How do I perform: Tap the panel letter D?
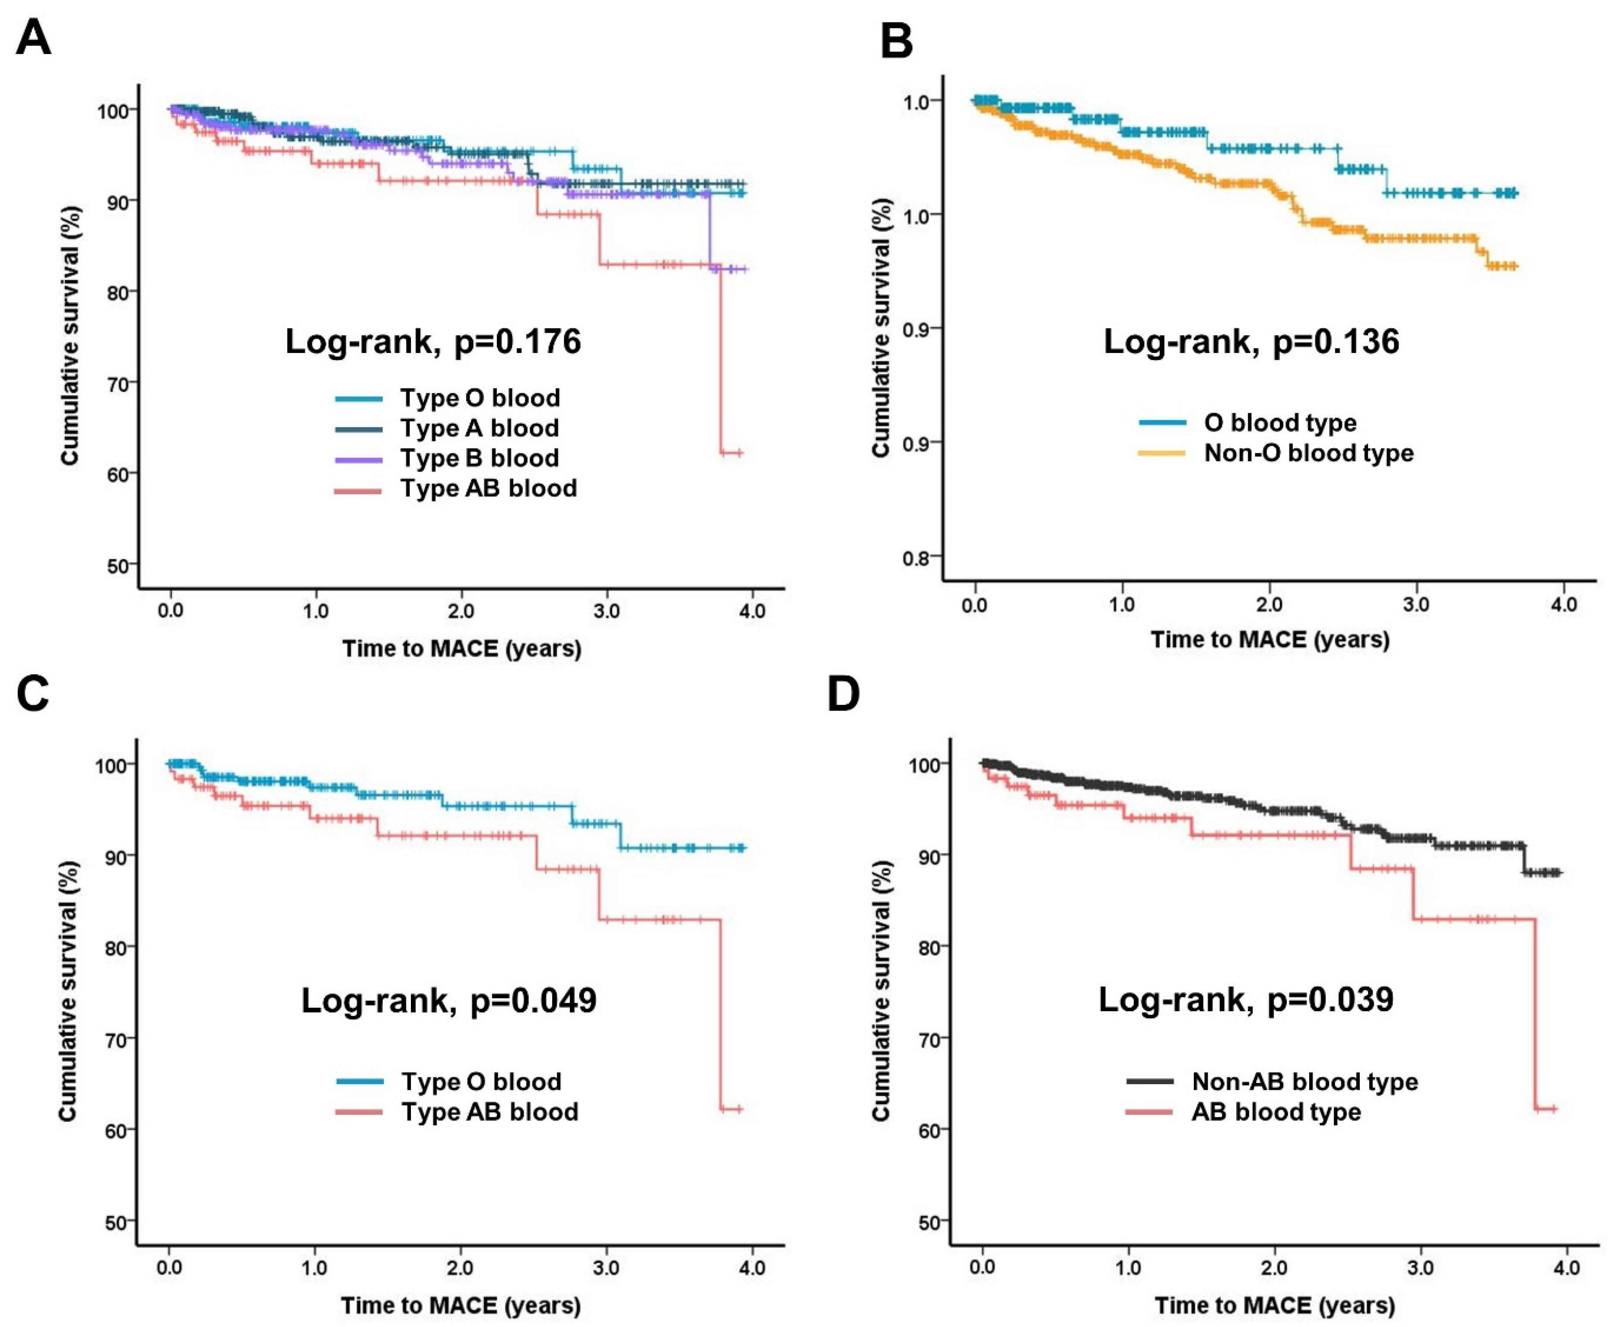point(844,694)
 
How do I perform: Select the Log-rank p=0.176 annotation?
point(433,341)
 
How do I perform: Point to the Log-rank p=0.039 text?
point(1246,999)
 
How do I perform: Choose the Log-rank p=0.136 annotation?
point(1251,341)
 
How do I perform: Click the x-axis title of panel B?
point(1270,639)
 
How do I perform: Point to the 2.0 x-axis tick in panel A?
point(461,612)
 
